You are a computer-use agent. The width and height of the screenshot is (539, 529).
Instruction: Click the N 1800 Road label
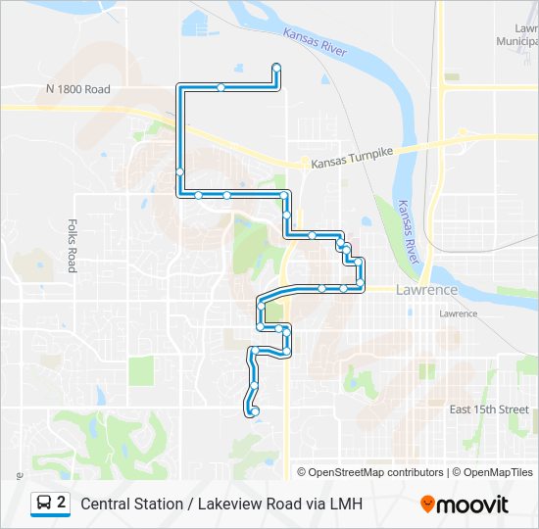pyautogui.click(x=77, y=89)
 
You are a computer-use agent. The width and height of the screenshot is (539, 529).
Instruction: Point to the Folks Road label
pyautogui.click(x=72, y=245)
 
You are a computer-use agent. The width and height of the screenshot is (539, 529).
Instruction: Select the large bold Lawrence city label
pyautogui.click(x=426, y=291)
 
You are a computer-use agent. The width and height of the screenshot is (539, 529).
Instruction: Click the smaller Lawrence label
pyautogui.click(x=458, y=313)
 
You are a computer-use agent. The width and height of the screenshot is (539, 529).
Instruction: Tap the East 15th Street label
pyautogui.click(x=488, y=409)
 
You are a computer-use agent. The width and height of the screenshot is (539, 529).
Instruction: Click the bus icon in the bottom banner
pyautogui.click(x=45, y=504)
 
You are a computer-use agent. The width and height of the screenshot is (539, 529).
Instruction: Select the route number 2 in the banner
pyautogui.click(x=62, y=504)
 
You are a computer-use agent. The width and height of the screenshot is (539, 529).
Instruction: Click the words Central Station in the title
pyautogui.click(x=130, y=505)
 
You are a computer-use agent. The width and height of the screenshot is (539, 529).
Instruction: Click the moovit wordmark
pyautogui.click(x=472, y=505)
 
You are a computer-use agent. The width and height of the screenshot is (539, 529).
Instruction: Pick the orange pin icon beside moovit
pyautogui.click(x=427, y=505)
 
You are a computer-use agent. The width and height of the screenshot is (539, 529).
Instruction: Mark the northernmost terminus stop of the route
pyautogui.click(x=276, y=67)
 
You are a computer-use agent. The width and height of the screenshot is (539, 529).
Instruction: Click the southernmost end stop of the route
pyautogui.click(x=254, y=411)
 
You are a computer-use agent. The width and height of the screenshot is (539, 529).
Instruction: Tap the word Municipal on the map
pyautogui.click(x=516, y=42)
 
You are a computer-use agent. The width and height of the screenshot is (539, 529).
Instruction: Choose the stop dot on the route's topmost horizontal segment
pyautogui.click(x=221, y=88)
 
